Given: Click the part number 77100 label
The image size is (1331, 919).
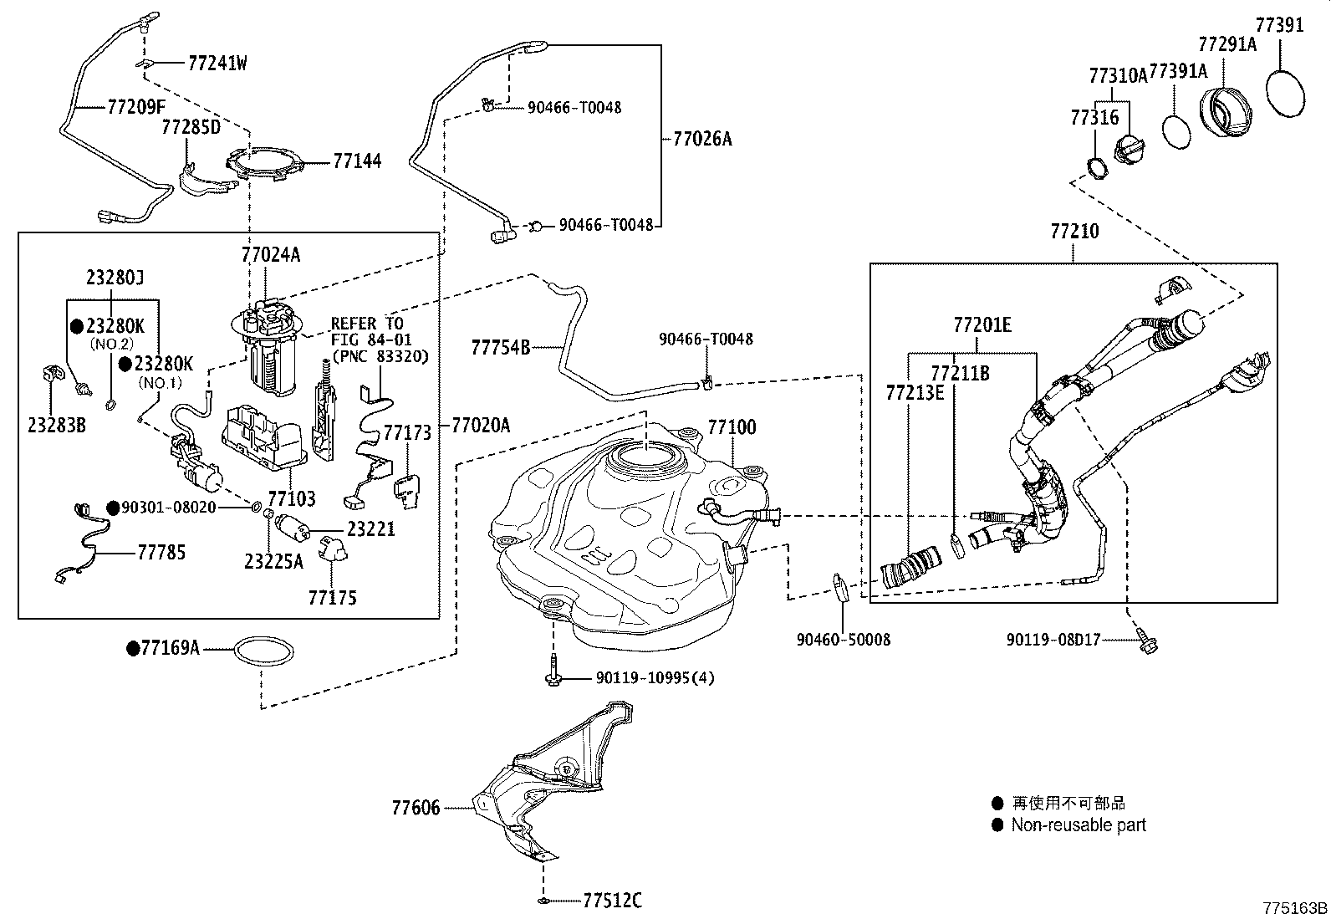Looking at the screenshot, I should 732,427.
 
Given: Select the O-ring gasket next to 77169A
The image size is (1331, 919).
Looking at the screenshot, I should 263,650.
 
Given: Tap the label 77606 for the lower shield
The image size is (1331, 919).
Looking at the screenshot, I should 416,808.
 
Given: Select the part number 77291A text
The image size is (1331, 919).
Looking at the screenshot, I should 1226,43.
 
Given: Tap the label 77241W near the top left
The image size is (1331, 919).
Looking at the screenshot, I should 217,63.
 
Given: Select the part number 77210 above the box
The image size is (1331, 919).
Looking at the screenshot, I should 1074,232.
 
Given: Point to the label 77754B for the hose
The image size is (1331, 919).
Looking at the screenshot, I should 500,346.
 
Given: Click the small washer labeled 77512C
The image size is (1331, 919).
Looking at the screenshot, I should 543,901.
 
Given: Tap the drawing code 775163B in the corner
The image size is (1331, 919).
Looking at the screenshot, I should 1295,907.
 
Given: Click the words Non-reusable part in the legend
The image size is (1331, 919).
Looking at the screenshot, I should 1078,825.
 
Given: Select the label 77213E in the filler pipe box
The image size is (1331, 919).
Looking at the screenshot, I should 915,391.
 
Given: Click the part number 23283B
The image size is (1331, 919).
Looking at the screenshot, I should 57,425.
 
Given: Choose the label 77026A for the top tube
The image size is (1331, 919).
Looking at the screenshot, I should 702,139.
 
